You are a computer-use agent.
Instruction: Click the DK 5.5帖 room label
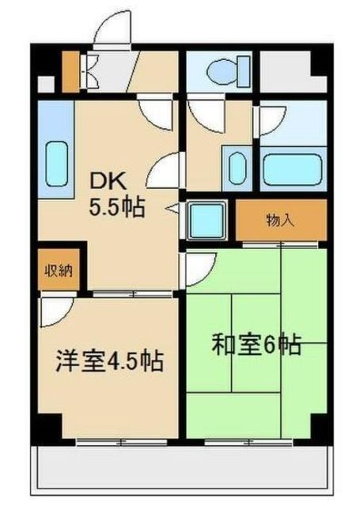116,195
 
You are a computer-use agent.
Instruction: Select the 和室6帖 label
256,345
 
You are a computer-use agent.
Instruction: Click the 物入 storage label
280,221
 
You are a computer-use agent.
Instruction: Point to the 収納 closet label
58,270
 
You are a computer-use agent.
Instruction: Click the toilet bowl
229,72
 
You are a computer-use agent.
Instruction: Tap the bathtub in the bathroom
293,169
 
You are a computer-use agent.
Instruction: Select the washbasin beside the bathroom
237,168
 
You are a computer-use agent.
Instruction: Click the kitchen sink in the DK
58,164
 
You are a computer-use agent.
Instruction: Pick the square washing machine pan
207,221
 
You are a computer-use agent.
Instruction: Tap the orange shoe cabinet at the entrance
70,72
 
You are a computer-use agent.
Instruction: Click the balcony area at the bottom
183,467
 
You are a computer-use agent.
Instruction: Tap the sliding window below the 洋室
122,442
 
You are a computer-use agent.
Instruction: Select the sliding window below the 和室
248,442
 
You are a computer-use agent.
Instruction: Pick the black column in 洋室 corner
50,425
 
